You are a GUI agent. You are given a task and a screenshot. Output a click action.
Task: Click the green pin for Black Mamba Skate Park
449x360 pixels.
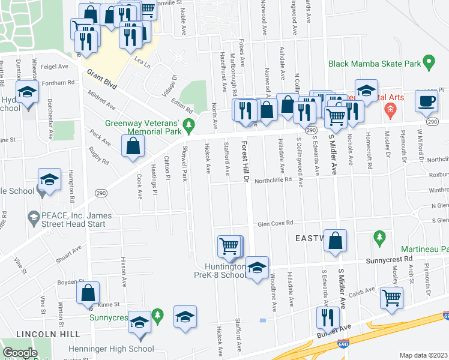[x=429, y=62]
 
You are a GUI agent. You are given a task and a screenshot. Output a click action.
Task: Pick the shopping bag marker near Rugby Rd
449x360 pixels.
[x=133, y=146]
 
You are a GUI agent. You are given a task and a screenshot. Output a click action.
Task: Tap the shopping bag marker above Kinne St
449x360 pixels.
[x=88, y=293]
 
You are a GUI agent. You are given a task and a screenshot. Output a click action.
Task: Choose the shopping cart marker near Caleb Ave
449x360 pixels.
[x=391, y=296]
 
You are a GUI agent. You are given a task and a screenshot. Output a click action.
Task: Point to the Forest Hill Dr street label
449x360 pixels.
[x=244, y=163]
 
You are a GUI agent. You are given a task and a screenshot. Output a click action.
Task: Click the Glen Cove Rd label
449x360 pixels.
[x=275, y=223]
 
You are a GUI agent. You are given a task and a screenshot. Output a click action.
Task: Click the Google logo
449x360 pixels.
[x=20, y=353]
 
